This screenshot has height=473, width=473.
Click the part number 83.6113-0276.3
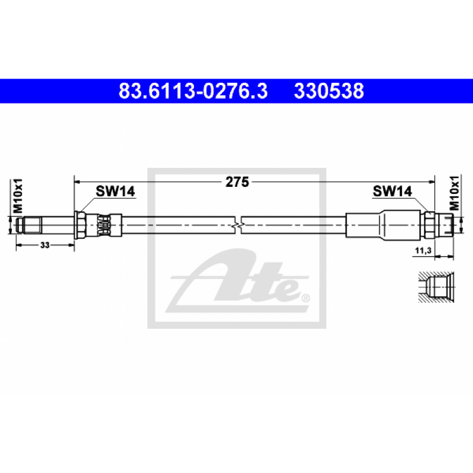click(x=193, y=91)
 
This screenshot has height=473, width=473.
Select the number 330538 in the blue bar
click(x=329, y=91)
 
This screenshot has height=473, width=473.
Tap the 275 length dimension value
click(x=237, y=182)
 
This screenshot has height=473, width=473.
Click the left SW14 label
click(x=115, y=191)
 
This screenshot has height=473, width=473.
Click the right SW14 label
click(x=392, y=191)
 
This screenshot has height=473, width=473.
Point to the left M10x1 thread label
click(x=18, y=196)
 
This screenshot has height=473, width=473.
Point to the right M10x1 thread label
click(x=454, y=193)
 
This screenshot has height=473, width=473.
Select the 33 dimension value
click(x=45, y=245)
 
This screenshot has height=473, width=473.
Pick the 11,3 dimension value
click(x=423, y=250)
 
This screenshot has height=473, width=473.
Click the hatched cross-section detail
click(x=436, y=287)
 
